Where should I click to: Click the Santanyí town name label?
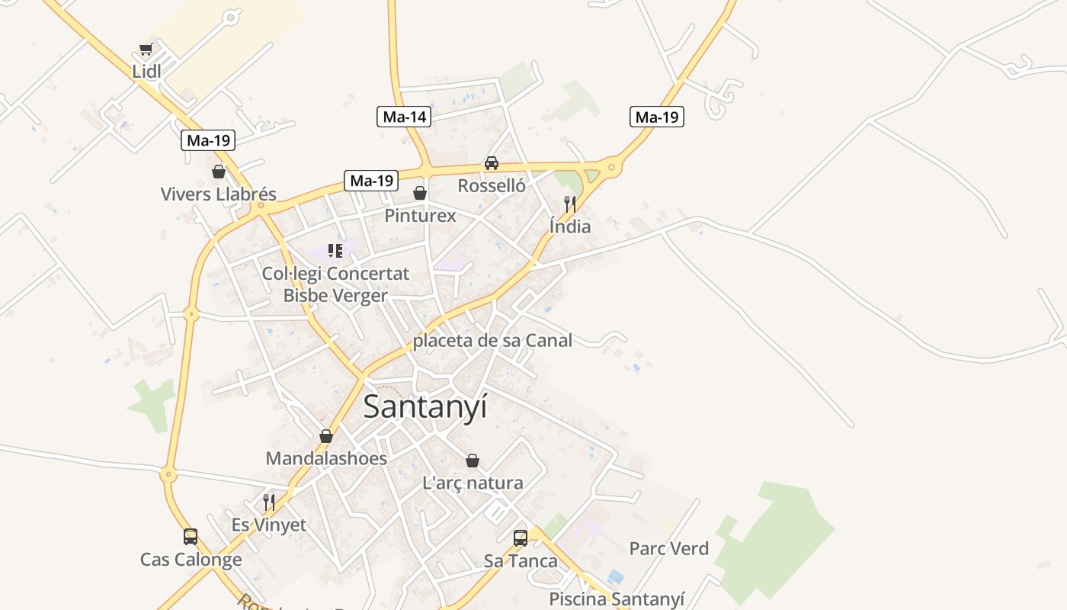coord(425,406)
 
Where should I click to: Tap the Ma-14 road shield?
coord(404,117)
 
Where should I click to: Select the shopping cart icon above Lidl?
coord(146,50)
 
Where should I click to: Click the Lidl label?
coord(146,71)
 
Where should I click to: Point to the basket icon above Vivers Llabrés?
coord(219,172)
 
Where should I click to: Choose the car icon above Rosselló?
coord(492,163)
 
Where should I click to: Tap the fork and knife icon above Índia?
coord(569,204)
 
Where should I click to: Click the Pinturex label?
coord(420,216)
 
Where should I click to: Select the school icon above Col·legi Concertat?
coord(335,250)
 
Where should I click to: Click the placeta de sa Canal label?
coord(492,341)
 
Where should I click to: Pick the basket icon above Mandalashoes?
coord(326,436)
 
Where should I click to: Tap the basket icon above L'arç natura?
coord(473,461)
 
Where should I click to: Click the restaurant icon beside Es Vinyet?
coord(268,502)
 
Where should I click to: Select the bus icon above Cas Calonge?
coord(191,537)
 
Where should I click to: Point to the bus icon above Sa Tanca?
coord(521,538)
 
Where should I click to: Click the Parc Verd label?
coord(668,548)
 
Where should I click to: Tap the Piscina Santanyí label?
coord(617,599)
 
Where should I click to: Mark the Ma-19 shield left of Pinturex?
coord(371,181)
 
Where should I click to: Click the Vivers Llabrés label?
coord(218,194)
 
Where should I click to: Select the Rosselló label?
coord(492,185)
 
